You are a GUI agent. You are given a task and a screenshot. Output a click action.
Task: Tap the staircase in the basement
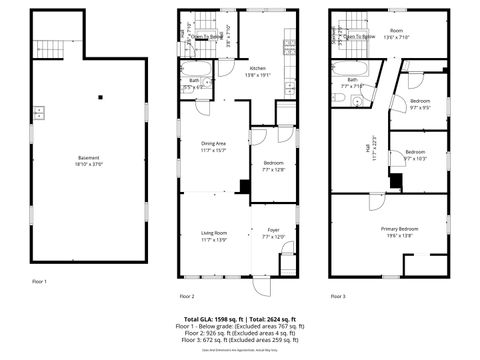click(49, 47)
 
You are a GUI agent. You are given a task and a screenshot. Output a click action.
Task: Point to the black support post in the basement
click(101, 97)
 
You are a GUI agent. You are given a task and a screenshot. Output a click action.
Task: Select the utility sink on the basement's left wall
click(38, 112)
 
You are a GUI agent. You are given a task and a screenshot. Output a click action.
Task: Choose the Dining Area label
click(214, 144)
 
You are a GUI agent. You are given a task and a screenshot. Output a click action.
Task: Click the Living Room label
click(214, 234)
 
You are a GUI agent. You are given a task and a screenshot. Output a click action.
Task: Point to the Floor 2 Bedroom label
click(274, 163)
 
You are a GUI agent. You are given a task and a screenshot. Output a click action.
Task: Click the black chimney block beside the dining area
click(245, 185)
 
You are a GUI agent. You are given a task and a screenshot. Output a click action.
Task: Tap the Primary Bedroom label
click(398, 229)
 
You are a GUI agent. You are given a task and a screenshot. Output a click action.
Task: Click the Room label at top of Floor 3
click(397, 30)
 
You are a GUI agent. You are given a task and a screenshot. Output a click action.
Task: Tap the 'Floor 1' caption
click(40, 281)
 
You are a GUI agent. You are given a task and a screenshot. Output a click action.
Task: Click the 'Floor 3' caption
click(339, 296)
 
